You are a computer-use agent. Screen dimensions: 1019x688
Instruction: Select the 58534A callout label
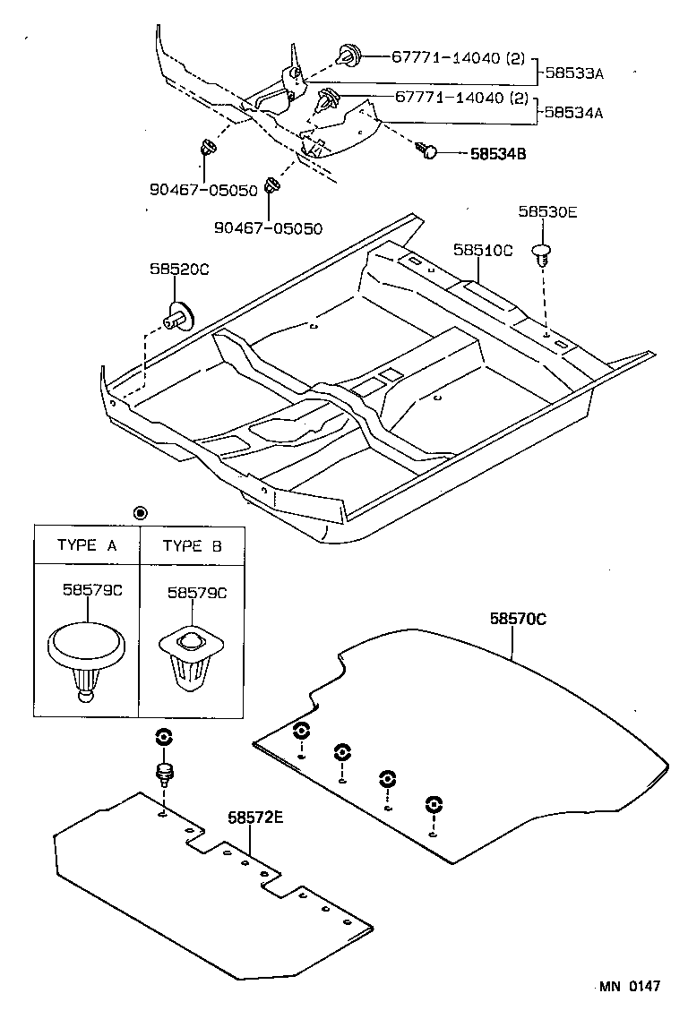click(574, 113)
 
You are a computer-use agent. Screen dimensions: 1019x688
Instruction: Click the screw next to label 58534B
click(427, 151)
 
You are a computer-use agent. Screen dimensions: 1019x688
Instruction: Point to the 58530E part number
click(547, 211)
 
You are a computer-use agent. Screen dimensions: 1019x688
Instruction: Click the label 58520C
click(178, 269)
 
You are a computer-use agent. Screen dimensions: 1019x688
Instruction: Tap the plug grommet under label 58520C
click(179, 315)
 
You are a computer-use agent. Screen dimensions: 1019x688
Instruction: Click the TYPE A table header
click(87, 544)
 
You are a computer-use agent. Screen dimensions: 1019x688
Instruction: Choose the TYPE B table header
click(192, 544)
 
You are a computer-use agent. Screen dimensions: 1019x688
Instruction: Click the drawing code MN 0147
click(630, 986)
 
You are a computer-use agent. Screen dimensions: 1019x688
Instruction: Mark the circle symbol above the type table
click(140, 512)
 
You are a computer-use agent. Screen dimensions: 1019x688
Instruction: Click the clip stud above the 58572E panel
click(165, 773)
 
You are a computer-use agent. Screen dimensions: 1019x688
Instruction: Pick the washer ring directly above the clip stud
click(164, 737)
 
